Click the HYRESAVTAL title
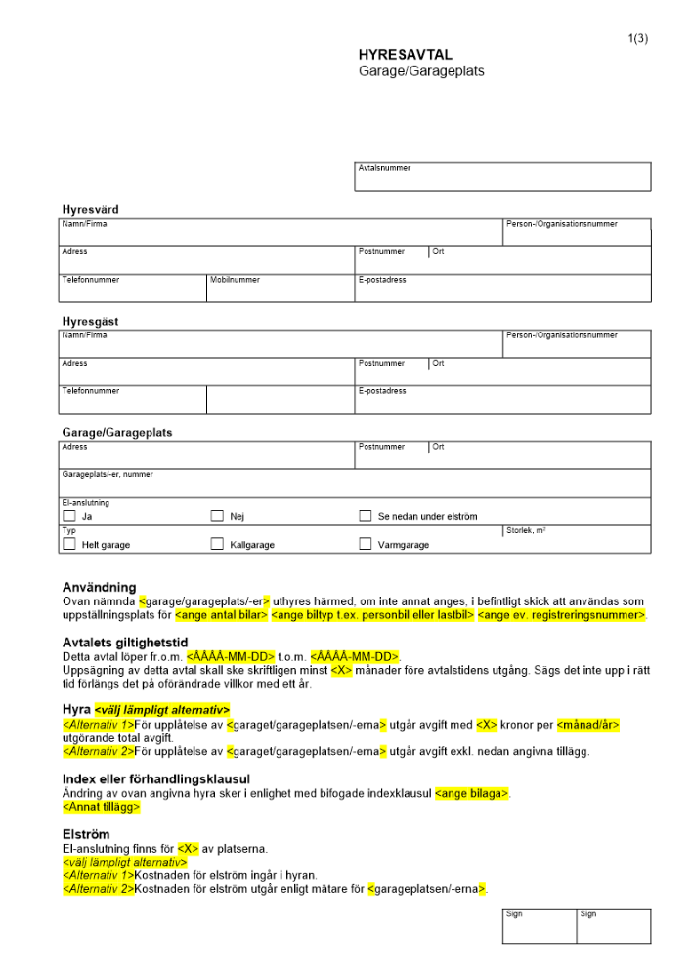[x=405, y=56]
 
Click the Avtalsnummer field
[x=502, y=177]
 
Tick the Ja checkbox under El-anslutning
[x=69, y=516]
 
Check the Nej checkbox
[x=217, y=516]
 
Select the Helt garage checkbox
[x=69, y=544]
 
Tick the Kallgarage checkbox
[x=217, y=544]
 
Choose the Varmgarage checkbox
[x=366, y=544]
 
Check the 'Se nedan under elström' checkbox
[x=366, y=516]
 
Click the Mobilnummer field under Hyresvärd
[x=280, y=289]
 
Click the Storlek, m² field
[x=577, y=539]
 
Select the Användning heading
[x=99, y=587]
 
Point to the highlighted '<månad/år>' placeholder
[x=588, y=725]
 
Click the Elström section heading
[x=85, y=836]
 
